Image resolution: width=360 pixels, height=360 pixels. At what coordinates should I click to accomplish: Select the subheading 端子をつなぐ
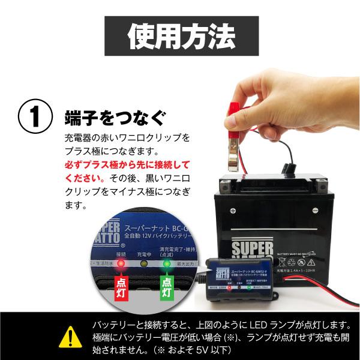tap(114, 116)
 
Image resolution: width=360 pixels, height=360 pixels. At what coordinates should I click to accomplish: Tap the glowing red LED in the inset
tap(122, 263)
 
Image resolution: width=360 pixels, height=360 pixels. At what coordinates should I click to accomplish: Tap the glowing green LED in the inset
tap(166, 263)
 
